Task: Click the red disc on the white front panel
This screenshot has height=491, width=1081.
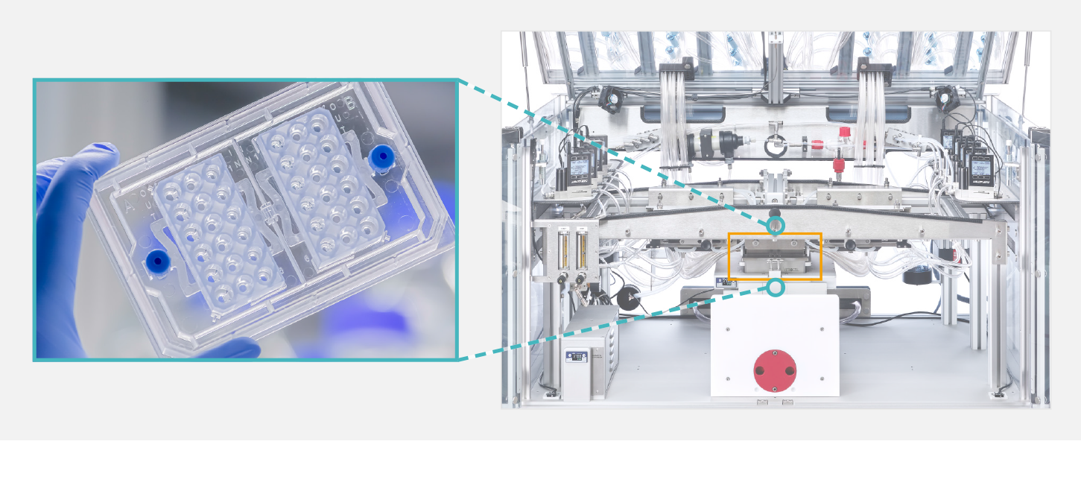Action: [774, 370]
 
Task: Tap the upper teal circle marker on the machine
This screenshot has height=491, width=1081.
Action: [776, 225]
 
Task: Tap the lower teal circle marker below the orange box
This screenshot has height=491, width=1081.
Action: [776, 287]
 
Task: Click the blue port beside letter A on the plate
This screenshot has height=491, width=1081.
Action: [157, 260]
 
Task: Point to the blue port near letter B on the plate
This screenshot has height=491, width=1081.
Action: [382, 156]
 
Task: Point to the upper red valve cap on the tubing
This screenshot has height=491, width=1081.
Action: [844, 133]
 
